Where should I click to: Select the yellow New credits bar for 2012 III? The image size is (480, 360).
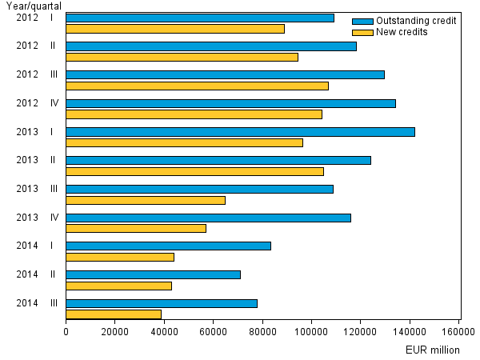tap(197, 86)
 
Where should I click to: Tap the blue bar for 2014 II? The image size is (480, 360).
tap(153, 274)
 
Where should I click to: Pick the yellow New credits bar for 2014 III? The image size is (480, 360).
tap(114, 314)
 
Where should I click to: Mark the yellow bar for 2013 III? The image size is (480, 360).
tap(146, 200)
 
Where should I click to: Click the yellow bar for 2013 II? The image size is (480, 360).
tap(194, 171)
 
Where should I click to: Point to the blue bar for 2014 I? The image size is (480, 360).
tap(168, 246)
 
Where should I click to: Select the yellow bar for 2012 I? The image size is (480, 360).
tap(175, 29)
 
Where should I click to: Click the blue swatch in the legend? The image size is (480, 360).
tap(362, 21)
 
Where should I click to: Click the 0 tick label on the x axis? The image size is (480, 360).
tap(66, 330)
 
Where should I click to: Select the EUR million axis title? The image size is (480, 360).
tap(433, 350)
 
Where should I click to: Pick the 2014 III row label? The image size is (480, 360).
tap(35, 303)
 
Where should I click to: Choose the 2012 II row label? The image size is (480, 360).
tap(35, 46)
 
